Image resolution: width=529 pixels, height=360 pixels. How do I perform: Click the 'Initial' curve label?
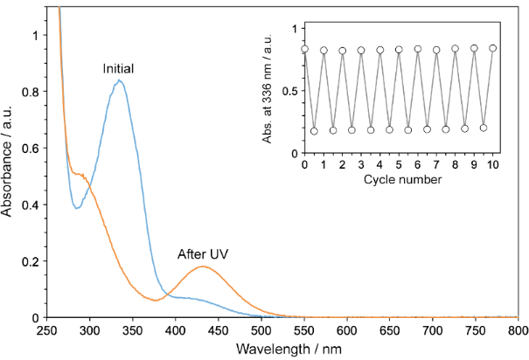coord(118,68)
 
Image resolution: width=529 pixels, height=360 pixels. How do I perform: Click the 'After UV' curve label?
coord(204,253)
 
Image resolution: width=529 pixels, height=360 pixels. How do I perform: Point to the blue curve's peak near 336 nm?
coord(119,80)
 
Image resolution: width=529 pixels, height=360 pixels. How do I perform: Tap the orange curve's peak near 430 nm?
coord(202,267)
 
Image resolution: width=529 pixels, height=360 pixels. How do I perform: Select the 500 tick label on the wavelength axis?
coord(261,331)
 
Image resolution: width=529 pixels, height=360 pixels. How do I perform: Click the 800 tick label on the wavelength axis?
coord(518,331)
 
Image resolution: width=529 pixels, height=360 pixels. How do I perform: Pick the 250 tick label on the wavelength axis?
coord(46,331)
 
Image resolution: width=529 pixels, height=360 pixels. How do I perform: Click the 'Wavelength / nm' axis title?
coord(282,349)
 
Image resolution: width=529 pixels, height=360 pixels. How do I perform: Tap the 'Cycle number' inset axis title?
coord(399,180)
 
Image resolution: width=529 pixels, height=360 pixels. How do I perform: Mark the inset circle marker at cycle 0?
coord(304,49)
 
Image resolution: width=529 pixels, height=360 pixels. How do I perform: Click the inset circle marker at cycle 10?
coord(493,48)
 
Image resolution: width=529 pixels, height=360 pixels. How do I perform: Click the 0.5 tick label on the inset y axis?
coord(290,91)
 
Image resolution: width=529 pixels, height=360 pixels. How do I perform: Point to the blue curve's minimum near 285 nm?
coord(77,208)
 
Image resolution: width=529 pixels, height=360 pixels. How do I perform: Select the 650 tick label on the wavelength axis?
coord(389,331)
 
